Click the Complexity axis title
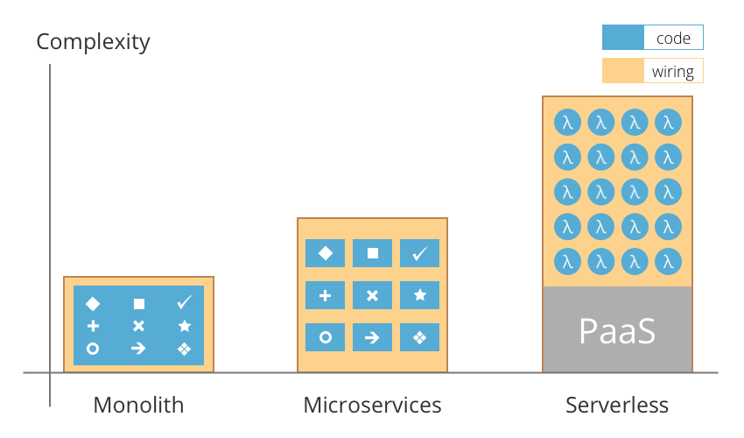pyautogui.click(x=93, y=41)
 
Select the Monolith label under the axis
pyautogui.click(x=138, y=405)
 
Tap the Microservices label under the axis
pyautogui.click(x=372, y=405)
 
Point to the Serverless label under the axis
pyautogui.click(x=617, y=405)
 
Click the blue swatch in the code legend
pyautogui.click(x=622, y=39)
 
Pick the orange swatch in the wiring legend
pyautogui.click(x=622, y=71)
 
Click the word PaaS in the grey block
pyautogui.click(x=617, y=331)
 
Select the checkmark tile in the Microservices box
pyautogui.click(x=419, y=253)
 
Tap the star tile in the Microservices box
pyautogui.click(x=419, y=295)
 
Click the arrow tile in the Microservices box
pyautogui.click(x=372, y=337)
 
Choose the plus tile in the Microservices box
pyautogui.click(x=325, y=295)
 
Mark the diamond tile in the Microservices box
pyautogui.click(x=325, y=253)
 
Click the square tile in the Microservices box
pyautogui.click(x=372, y=253)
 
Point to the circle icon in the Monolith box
pyautogui.click(x=93, y=349)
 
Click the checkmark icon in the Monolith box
pyautogui.click(x=184, y=303)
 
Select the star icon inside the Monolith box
pyautogui.click(x=184, y=326)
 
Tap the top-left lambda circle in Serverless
pyautogui.click(x=567, y=124)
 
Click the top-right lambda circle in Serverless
pyautogui.click(x=668, y=124)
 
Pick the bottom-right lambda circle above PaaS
pyautogui.click(x=668, y=261)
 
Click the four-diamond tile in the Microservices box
pyautogui.click(x=419, y=337)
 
